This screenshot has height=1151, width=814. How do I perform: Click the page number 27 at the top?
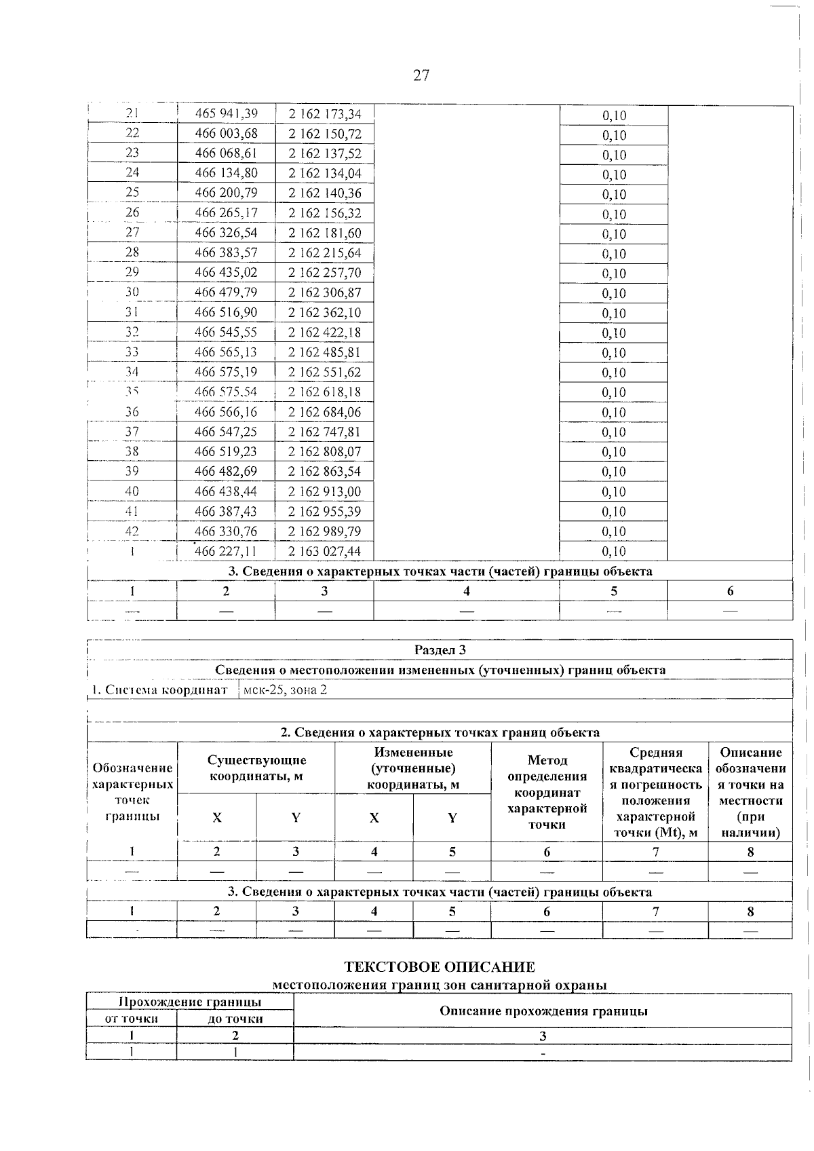(x=421, y=75)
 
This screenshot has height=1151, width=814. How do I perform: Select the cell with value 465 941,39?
(x=226, y=113)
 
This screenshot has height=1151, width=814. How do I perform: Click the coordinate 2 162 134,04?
(x=325, y=173)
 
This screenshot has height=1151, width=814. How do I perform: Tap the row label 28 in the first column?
(x=132, y=252)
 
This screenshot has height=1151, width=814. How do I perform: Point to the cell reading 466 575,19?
(x=226, y=372)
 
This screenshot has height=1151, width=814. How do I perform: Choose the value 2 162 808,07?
(x=325, y=451)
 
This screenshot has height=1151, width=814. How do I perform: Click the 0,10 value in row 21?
(x=614, y=115)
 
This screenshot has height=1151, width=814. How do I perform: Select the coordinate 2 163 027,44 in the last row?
(x=325, y=551)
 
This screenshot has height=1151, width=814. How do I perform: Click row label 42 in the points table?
(x=132, y=531)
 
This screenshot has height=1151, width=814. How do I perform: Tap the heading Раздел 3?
(x=440, y=650)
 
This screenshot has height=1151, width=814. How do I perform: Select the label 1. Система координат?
(x=160, y=690)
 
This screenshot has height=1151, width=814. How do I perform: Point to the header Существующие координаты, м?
(x=256, y=768)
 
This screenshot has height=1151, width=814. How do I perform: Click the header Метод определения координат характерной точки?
(x=547, y=792)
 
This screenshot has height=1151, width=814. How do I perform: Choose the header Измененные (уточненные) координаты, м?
(x=413, y=768)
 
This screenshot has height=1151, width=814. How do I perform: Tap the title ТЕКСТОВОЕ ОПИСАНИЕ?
(x=440, y=967)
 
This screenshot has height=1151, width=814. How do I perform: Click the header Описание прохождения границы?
(x=543, y=1011)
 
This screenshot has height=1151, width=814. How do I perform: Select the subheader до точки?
(x=235, y=1019)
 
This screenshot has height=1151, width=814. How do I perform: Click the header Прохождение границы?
(x=190, y=1002)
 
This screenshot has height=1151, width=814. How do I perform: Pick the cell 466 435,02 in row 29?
(x=226, y=273)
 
